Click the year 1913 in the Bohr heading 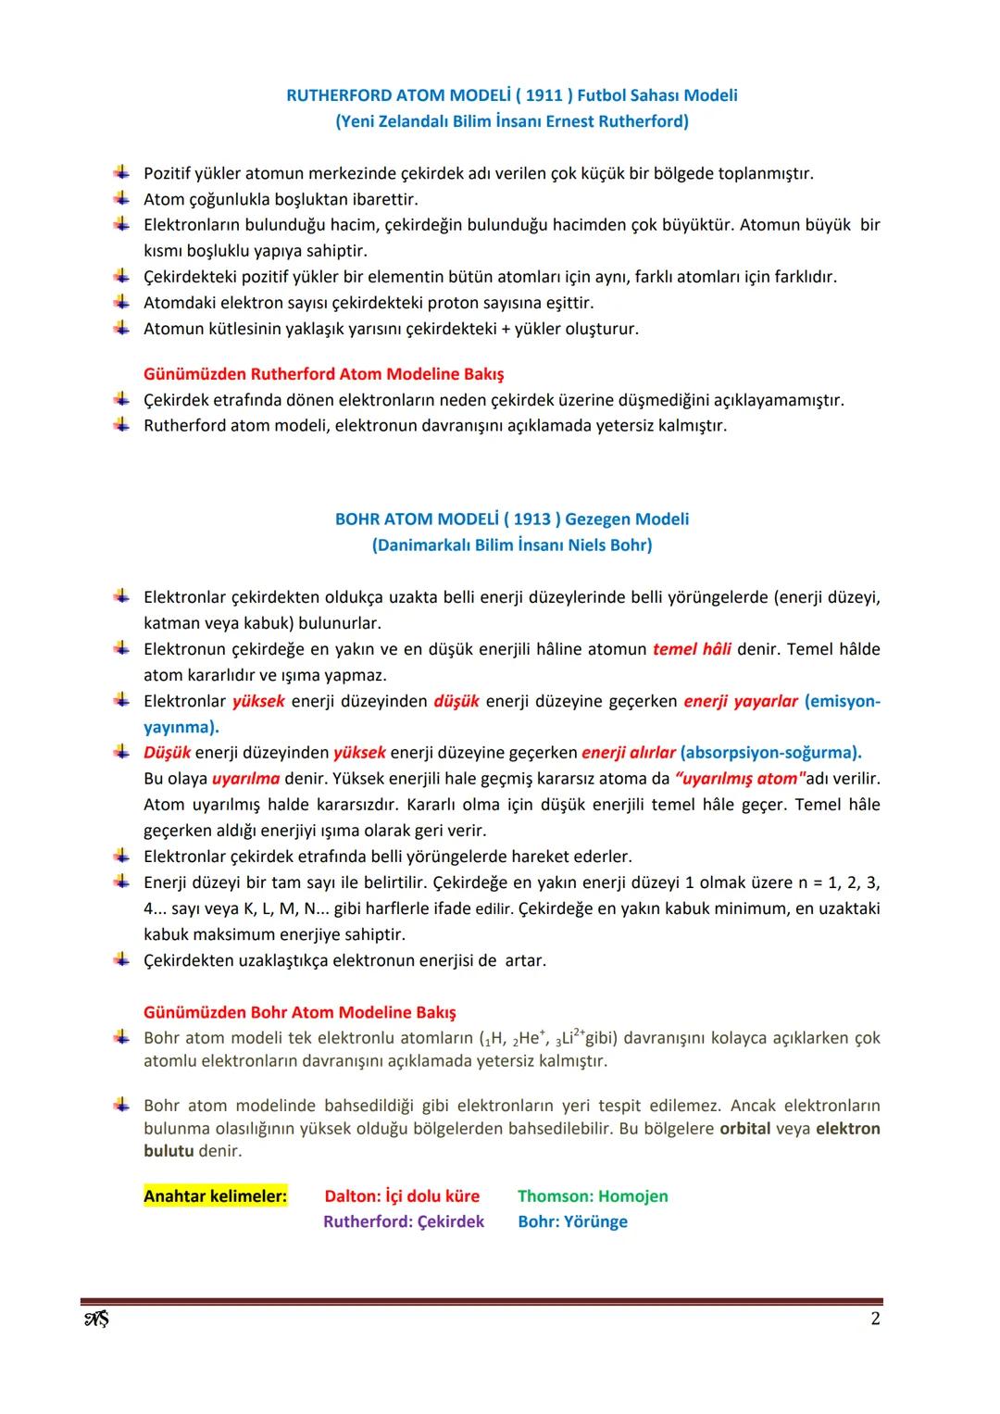tap(532, 519)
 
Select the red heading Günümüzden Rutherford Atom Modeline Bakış tap(324, 374)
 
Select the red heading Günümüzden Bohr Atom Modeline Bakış tap(299, 1013)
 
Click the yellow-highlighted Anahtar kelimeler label tap(215, 1196)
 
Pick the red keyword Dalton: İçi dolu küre tap(402, 1196)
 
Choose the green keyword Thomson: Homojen tap(593, 1196)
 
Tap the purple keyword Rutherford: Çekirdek tap(404, 1222)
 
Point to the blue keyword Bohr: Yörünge tap(572, 1222)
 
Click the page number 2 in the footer tap(875, 1319)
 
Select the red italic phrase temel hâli tap(692, 649)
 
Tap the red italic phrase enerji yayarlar tap(741, 701)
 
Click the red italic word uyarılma tap(245, 779)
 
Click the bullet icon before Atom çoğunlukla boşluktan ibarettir tap(121, 198)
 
